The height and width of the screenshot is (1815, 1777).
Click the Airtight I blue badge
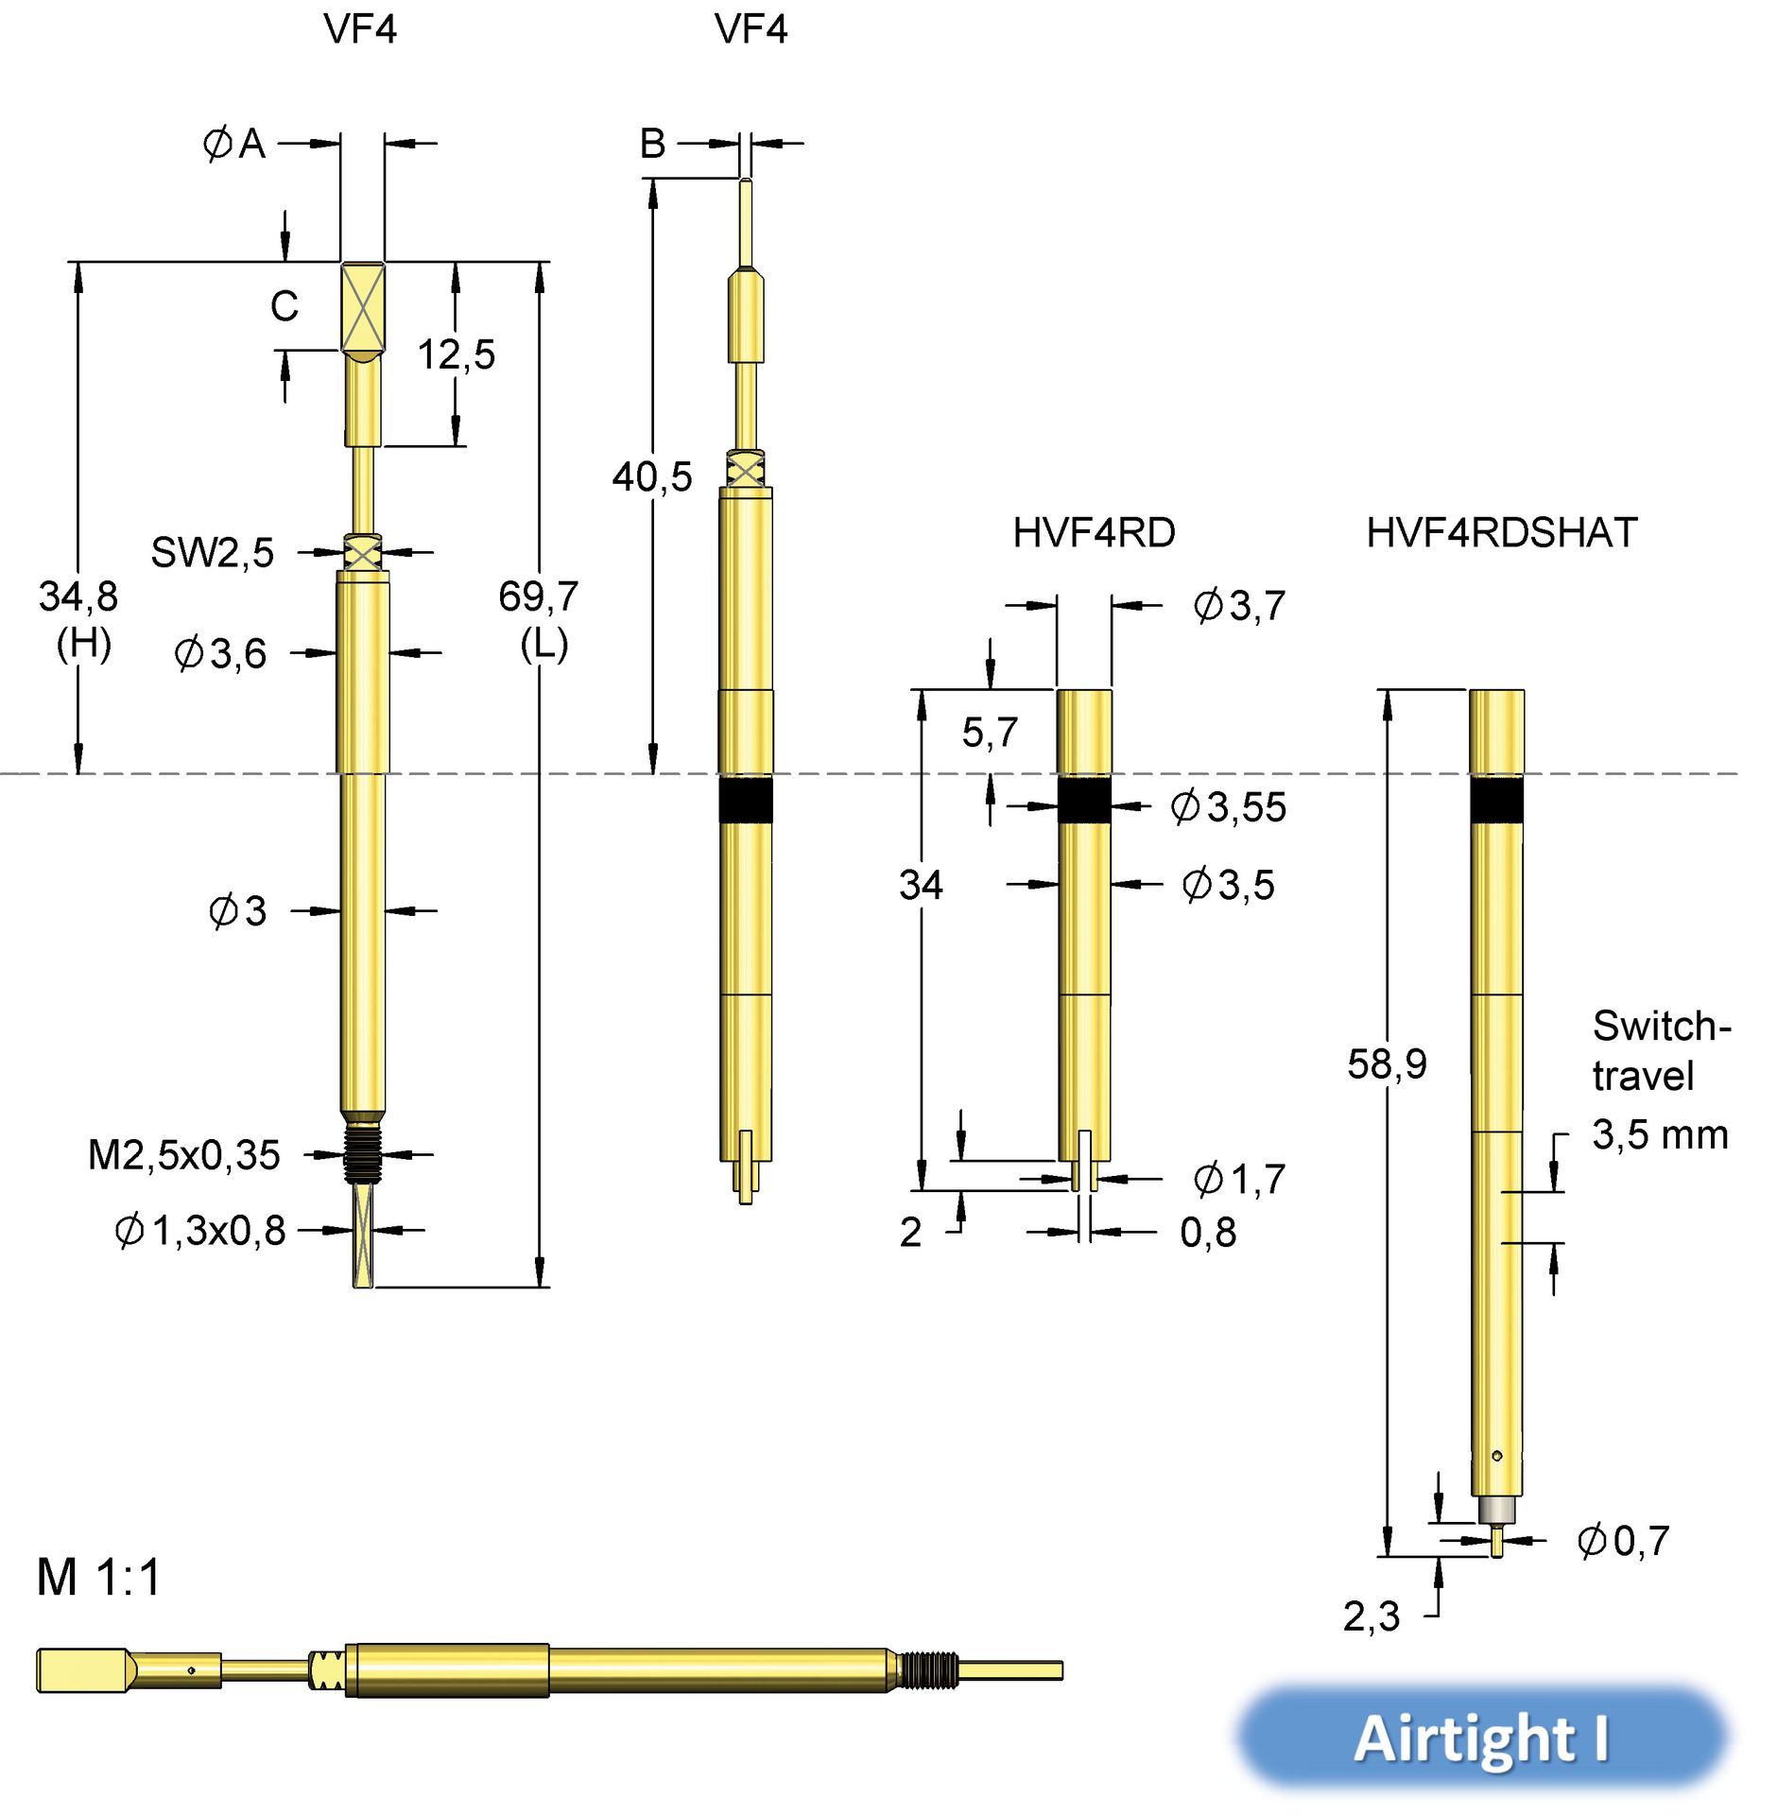coord(1482,1737)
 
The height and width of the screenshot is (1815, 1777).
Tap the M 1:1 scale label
coord(99,1577)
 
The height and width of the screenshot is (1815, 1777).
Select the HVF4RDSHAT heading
coord(1501,532)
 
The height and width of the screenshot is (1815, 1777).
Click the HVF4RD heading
coord(1094,532)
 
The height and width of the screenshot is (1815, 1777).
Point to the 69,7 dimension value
coord(538,596)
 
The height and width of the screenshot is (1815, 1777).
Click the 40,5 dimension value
coord(652,476)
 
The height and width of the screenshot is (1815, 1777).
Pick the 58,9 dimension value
coord(1387,1063)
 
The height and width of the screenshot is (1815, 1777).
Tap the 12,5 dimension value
coord(457,354)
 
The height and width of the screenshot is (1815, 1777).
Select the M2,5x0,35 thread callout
coord(184,1154)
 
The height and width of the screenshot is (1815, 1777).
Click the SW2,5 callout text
coord(213,552)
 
